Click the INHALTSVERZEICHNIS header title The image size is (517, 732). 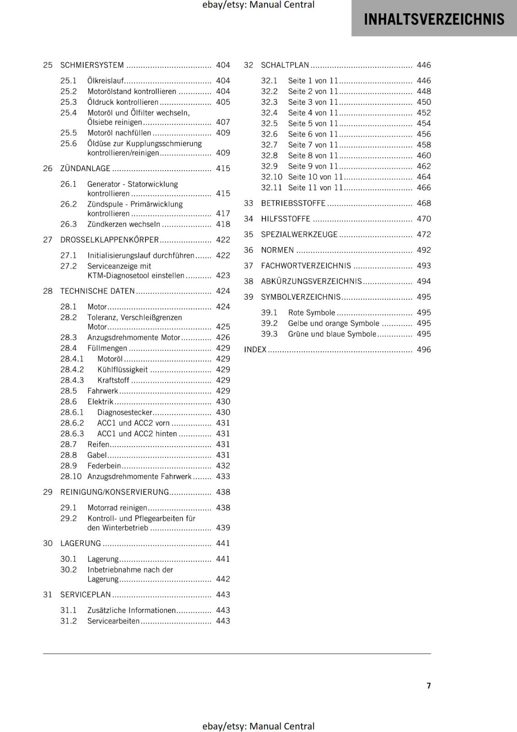[x=434, y=19]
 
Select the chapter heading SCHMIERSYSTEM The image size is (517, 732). [x=92, y=65]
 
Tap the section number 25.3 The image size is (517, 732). [x=68, y=102]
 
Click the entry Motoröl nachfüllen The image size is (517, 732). [x=119, y=133]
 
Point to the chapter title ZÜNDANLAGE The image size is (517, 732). [x=85, y=168]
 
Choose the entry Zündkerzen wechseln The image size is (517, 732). [x=124, y=224]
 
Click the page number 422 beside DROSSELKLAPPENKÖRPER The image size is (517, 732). [x=223, y=240]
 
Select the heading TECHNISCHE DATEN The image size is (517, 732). [x=97, y=291]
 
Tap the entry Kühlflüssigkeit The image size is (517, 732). [x=123, y=369]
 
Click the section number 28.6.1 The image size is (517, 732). [x=72, y=412]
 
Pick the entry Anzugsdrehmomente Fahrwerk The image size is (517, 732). [x=139, y=476]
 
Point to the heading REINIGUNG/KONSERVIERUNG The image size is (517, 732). [x=114, y=492]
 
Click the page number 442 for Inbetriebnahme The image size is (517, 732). [x=223, y=579]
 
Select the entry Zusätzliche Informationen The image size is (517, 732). [x=131, y=610]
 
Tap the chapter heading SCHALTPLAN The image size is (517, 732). [x=285, y=65]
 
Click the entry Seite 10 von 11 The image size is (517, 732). [x=315, y=177]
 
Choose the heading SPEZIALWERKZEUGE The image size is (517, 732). [x=299, y=234]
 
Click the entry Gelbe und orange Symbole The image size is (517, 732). [x=334, y=323]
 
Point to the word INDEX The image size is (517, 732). [x=255, y=350]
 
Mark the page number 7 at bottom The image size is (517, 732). [x=429, y=685]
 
